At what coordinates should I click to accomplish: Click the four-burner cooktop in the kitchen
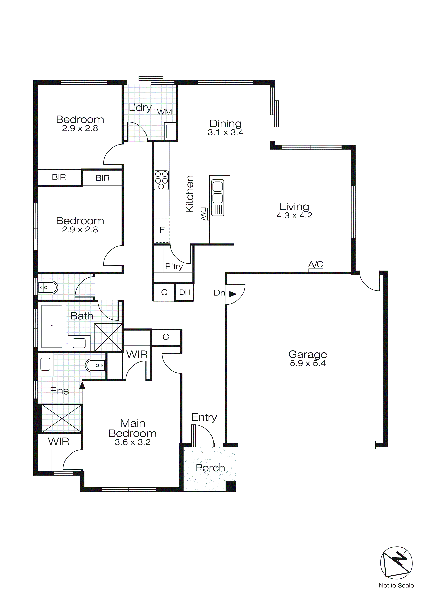(161, 180)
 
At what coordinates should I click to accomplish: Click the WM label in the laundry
(164, 112)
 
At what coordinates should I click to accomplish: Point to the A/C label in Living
(315, 264)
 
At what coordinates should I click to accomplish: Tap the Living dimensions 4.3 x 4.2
(294, 216)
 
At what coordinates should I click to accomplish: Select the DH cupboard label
(185, 292)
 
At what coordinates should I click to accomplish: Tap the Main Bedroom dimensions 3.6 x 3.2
(133, 442)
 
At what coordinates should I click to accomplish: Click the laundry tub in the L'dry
(170, 131)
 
